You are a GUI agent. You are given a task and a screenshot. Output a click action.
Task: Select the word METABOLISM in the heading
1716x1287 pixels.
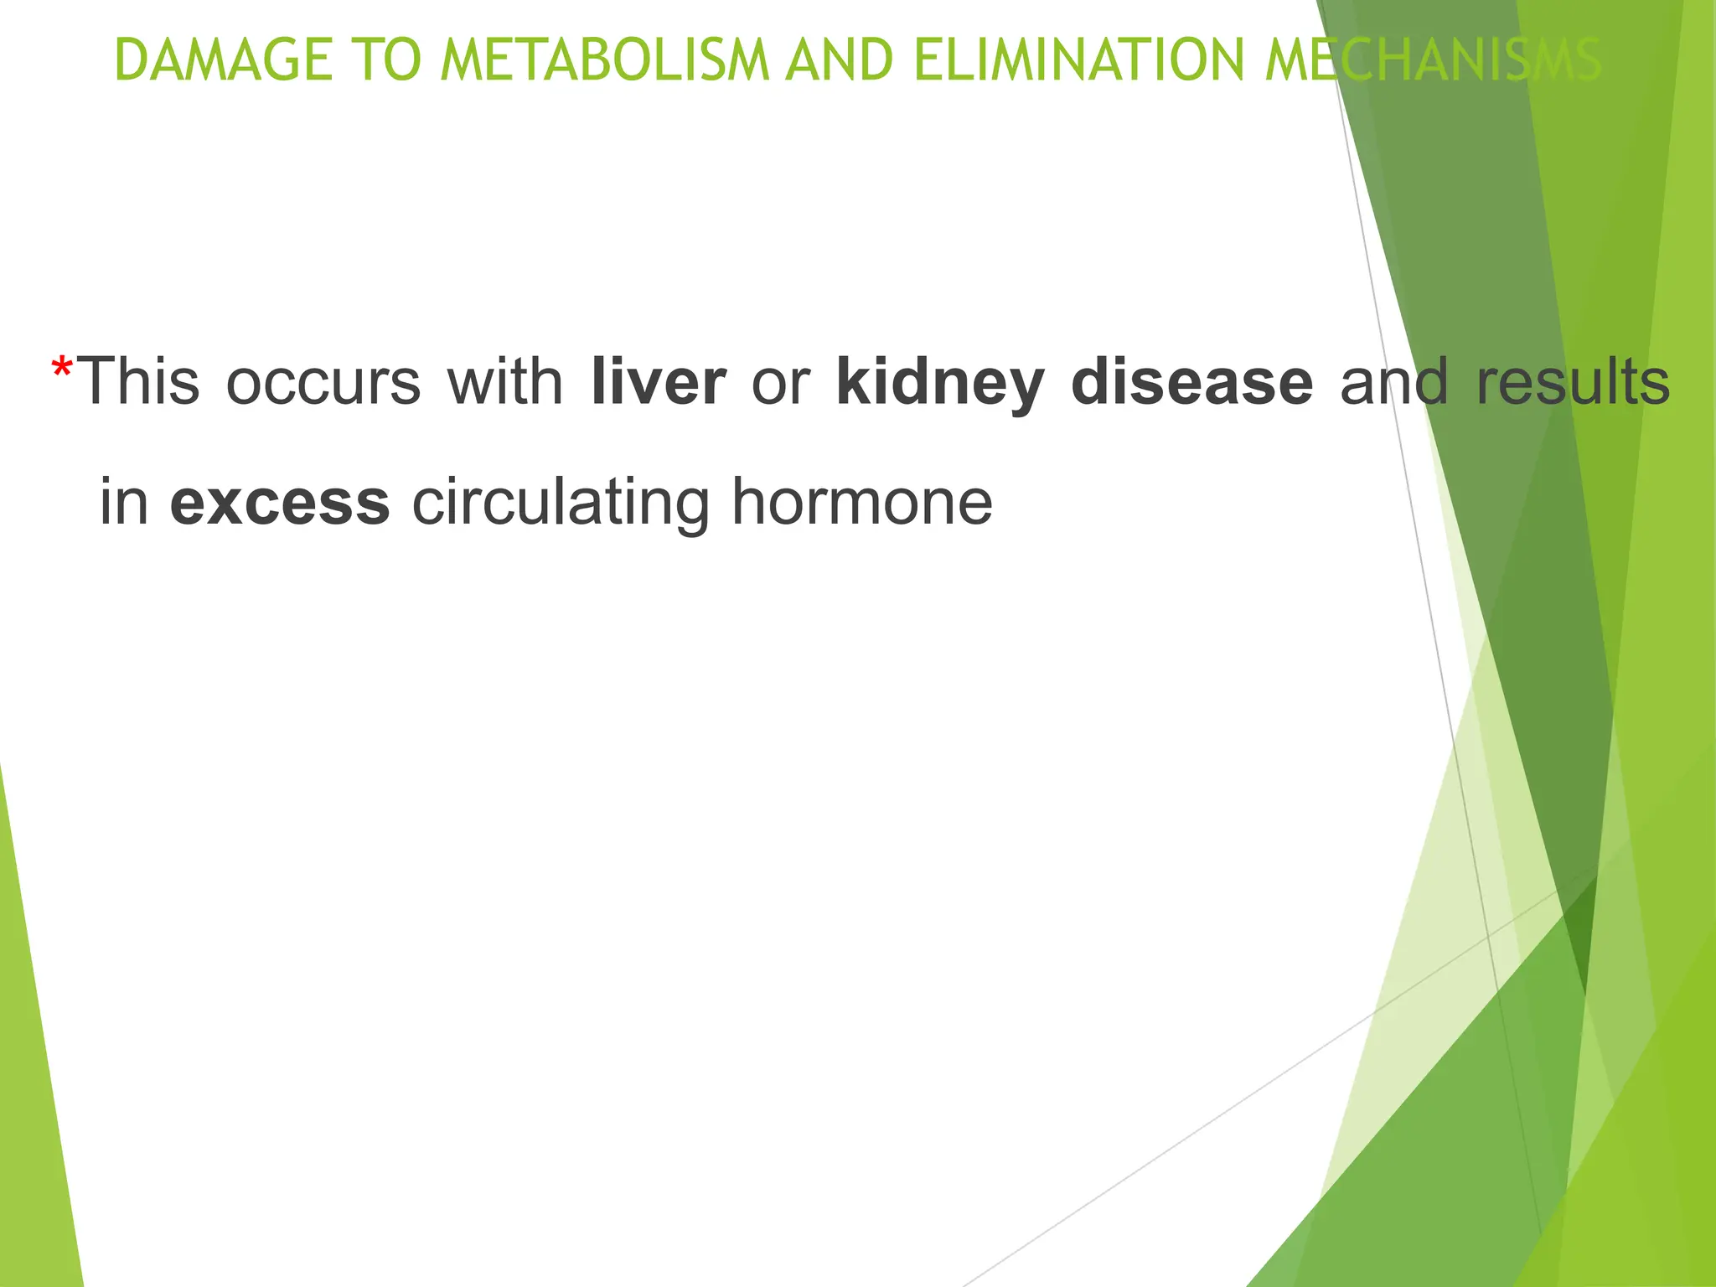[x=604, y=60]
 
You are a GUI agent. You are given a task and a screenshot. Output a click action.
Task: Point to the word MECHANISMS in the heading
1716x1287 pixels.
[x=1433, y=60]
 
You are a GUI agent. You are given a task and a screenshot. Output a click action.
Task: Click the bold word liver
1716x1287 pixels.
[x=658, y=382]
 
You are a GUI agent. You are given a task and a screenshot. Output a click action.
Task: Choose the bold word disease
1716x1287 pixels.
[x=1191, y=382]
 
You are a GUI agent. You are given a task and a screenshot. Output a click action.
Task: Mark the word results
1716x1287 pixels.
[x=1573, y=382]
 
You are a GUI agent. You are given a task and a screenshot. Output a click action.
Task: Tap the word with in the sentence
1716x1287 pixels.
[x=505, y=382]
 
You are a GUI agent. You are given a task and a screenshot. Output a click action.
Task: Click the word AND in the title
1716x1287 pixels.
[x=839, y=60]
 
